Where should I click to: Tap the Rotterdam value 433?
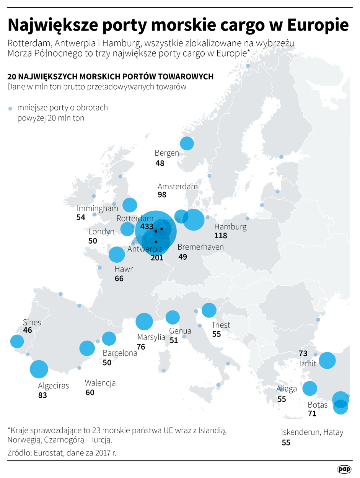pos(147,226)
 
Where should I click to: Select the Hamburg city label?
pos(230,227)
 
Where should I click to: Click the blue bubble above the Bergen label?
pos(187,143)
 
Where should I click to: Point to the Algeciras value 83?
pos(42,395)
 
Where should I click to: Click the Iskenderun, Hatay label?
pos(312,432)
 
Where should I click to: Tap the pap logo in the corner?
pos(344,469)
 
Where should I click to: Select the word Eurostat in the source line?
pos(48,453)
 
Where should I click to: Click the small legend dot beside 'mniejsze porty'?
pos(11,109)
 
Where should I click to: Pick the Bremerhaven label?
pos(200,247)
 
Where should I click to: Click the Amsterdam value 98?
pos(162,195)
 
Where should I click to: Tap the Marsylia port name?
pos(151,337)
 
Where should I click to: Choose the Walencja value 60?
pos(90,392)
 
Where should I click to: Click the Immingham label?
pos(97,208)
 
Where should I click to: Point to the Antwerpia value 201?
pos(157,258)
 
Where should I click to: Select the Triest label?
pos(221,325)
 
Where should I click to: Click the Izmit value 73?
pos(303,353)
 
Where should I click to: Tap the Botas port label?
pos(318,405)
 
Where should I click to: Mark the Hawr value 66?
pos(119,278)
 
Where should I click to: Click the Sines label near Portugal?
pos(32,322)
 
